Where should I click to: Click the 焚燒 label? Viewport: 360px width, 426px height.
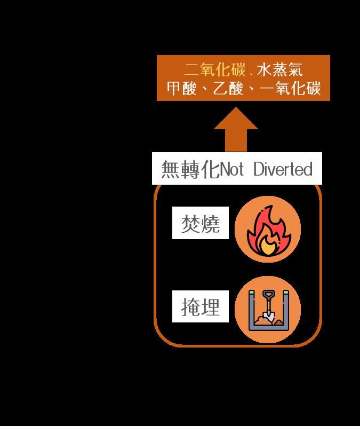point(201,223)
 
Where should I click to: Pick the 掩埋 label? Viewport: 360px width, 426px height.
point(201,307)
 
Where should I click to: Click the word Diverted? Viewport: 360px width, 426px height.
point(282,170)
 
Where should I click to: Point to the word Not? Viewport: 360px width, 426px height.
point(232,170)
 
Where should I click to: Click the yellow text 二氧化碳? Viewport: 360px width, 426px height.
point(215,70)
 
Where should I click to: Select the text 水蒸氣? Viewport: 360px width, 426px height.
point(279,70)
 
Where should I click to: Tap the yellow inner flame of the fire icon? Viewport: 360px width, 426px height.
point(267,244)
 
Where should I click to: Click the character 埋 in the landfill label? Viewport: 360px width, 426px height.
point(210,307)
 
